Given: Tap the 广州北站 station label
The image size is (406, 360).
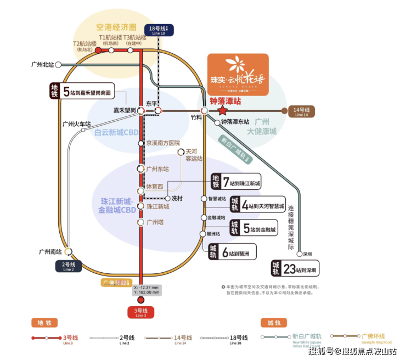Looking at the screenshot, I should click(x=43, y=65).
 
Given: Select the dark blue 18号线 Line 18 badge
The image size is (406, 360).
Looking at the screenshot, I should click(x=158, y=30).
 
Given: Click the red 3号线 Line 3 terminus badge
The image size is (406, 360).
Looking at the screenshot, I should click(x=141, y=313).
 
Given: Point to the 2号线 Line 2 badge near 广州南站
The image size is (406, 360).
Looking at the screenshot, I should click(x=69, y=267).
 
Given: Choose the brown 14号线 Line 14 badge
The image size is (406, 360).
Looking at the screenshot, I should click(x=301, y=111).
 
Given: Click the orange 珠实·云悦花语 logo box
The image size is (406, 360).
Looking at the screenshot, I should click(x=238, y=75).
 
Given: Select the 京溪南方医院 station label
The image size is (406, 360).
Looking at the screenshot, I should click(x=162, y=143).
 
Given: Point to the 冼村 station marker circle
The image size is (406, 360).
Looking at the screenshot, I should click(x=167, y=198).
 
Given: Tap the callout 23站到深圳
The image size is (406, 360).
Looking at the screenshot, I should click(x=295, y=268).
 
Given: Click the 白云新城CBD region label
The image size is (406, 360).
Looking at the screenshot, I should click(x=116, y=132).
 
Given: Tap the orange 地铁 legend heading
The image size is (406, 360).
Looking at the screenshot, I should click(x=44, y=323).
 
